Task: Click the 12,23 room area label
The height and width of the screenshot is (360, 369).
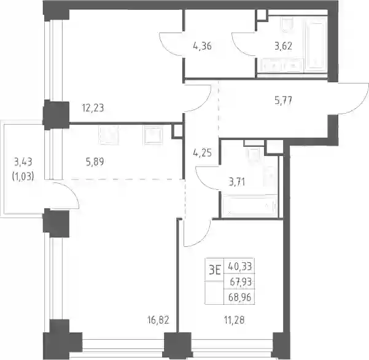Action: (x=93, y=108)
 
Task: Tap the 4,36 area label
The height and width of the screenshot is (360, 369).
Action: (x=202, y=46)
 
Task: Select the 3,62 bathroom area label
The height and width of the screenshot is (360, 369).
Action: (x=283, y=46)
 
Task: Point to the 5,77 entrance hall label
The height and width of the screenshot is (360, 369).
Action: (x=283, y=101)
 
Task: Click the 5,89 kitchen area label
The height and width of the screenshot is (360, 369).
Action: (x=95, y=162)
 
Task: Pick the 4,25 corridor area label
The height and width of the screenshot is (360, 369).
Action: (x=202, y=153)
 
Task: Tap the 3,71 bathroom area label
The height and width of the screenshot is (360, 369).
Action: (x=237, y=182)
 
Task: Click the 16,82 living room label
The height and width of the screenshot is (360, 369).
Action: (x=158, y=320)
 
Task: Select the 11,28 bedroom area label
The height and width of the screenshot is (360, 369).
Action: (x=234, y=320)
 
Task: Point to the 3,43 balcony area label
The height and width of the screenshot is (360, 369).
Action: (x=23, y=162)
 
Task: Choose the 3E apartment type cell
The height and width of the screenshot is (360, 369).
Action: (x=214, y=270)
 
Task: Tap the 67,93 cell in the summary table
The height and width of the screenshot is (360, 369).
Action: (x=240, y=281)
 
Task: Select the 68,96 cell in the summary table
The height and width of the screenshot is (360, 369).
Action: (x=240, y=297)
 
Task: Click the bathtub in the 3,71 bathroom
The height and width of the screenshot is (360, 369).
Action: (x=249, y=206)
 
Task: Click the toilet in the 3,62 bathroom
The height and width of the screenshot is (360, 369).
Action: (x=287, y=25)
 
